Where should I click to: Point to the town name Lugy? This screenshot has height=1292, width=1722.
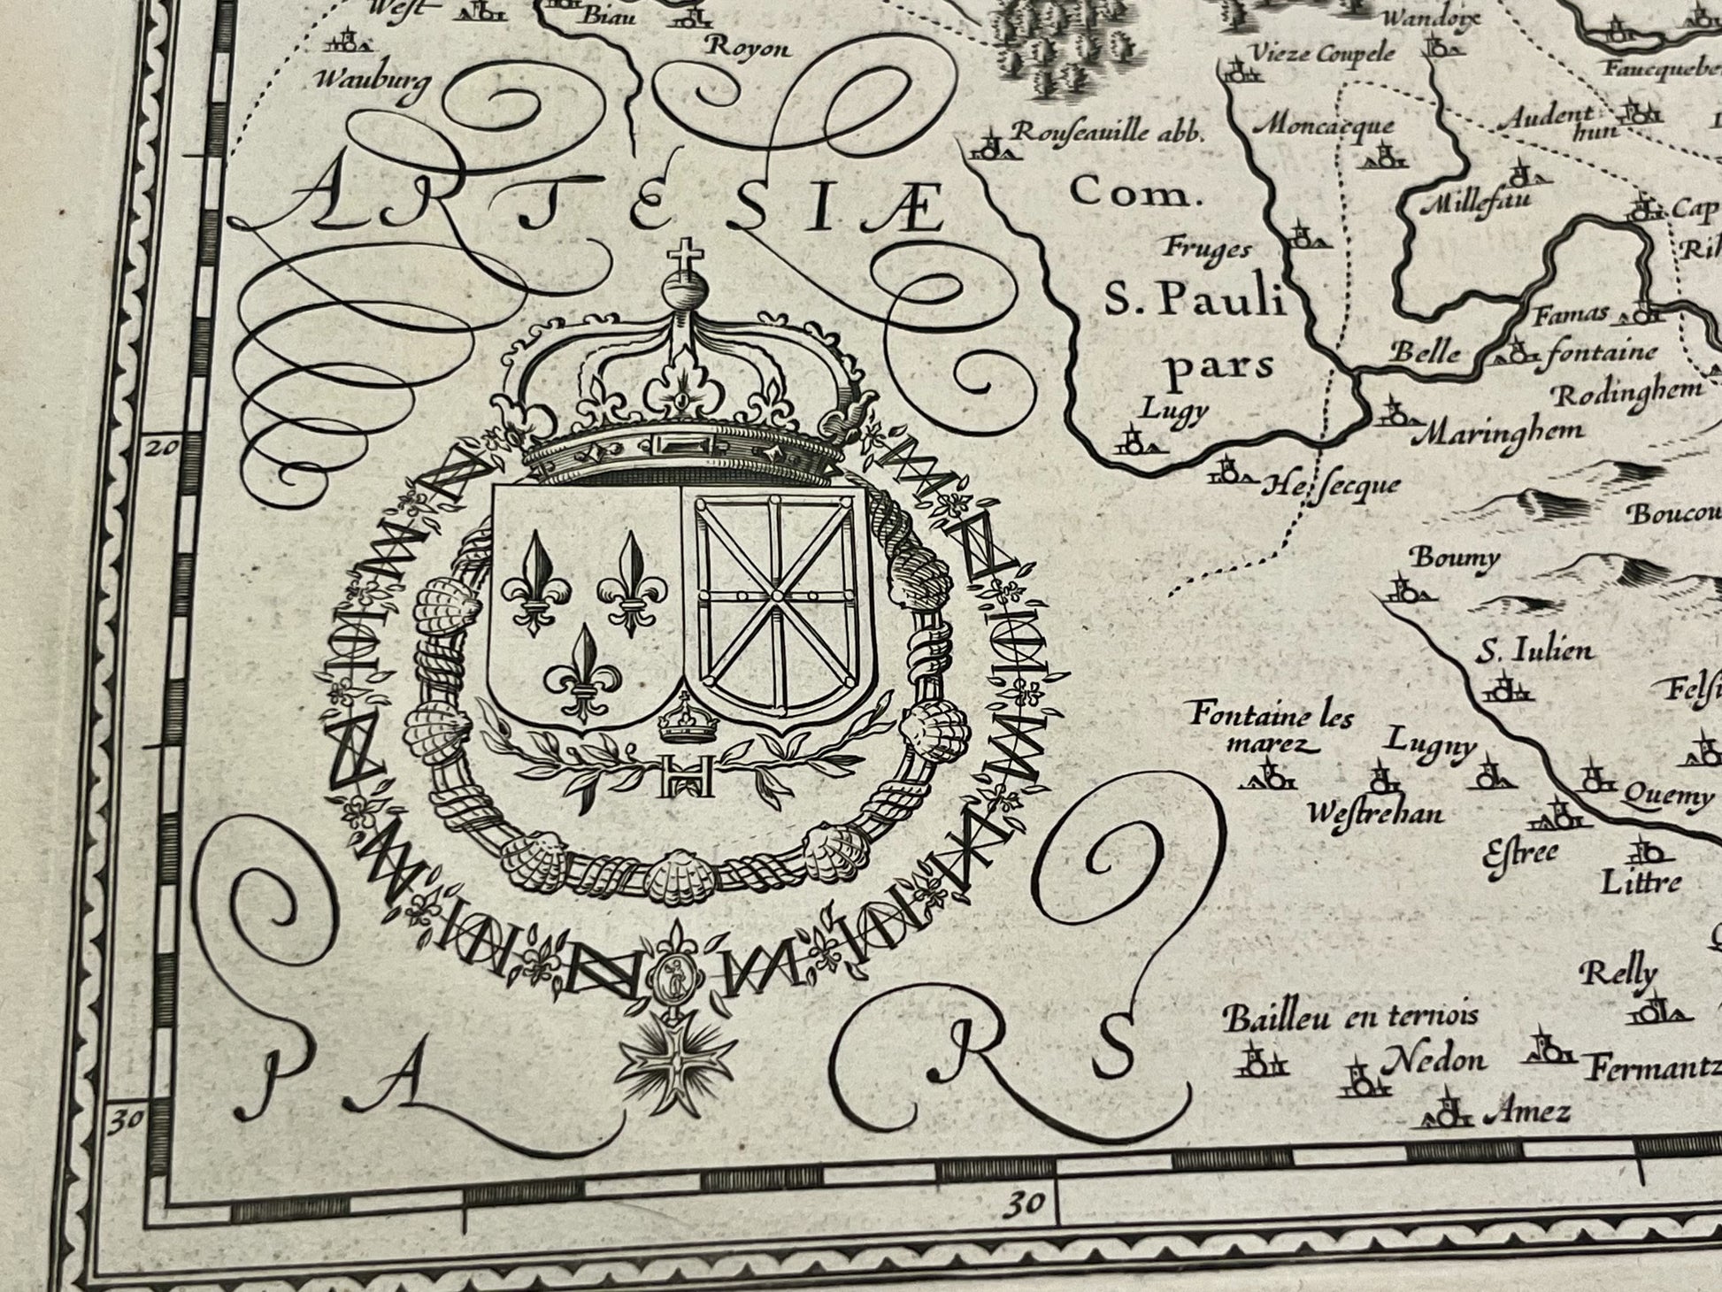1173,409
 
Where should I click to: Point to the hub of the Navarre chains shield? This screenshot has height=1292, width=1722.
777,594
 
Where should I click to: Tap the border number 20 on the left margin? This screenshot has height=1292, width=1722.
162,447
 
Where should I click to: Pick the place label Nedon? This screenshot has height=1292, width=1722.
1435,1059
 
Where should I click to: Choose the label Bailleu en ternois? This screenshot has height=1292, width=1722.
1350,1019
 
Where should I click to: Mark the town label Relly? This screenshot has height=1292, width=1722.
1618,973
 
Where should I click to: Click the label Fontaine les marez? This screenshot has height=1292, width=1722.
1272,727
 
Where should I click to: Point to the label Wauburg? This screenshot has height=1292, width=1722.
373,80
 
